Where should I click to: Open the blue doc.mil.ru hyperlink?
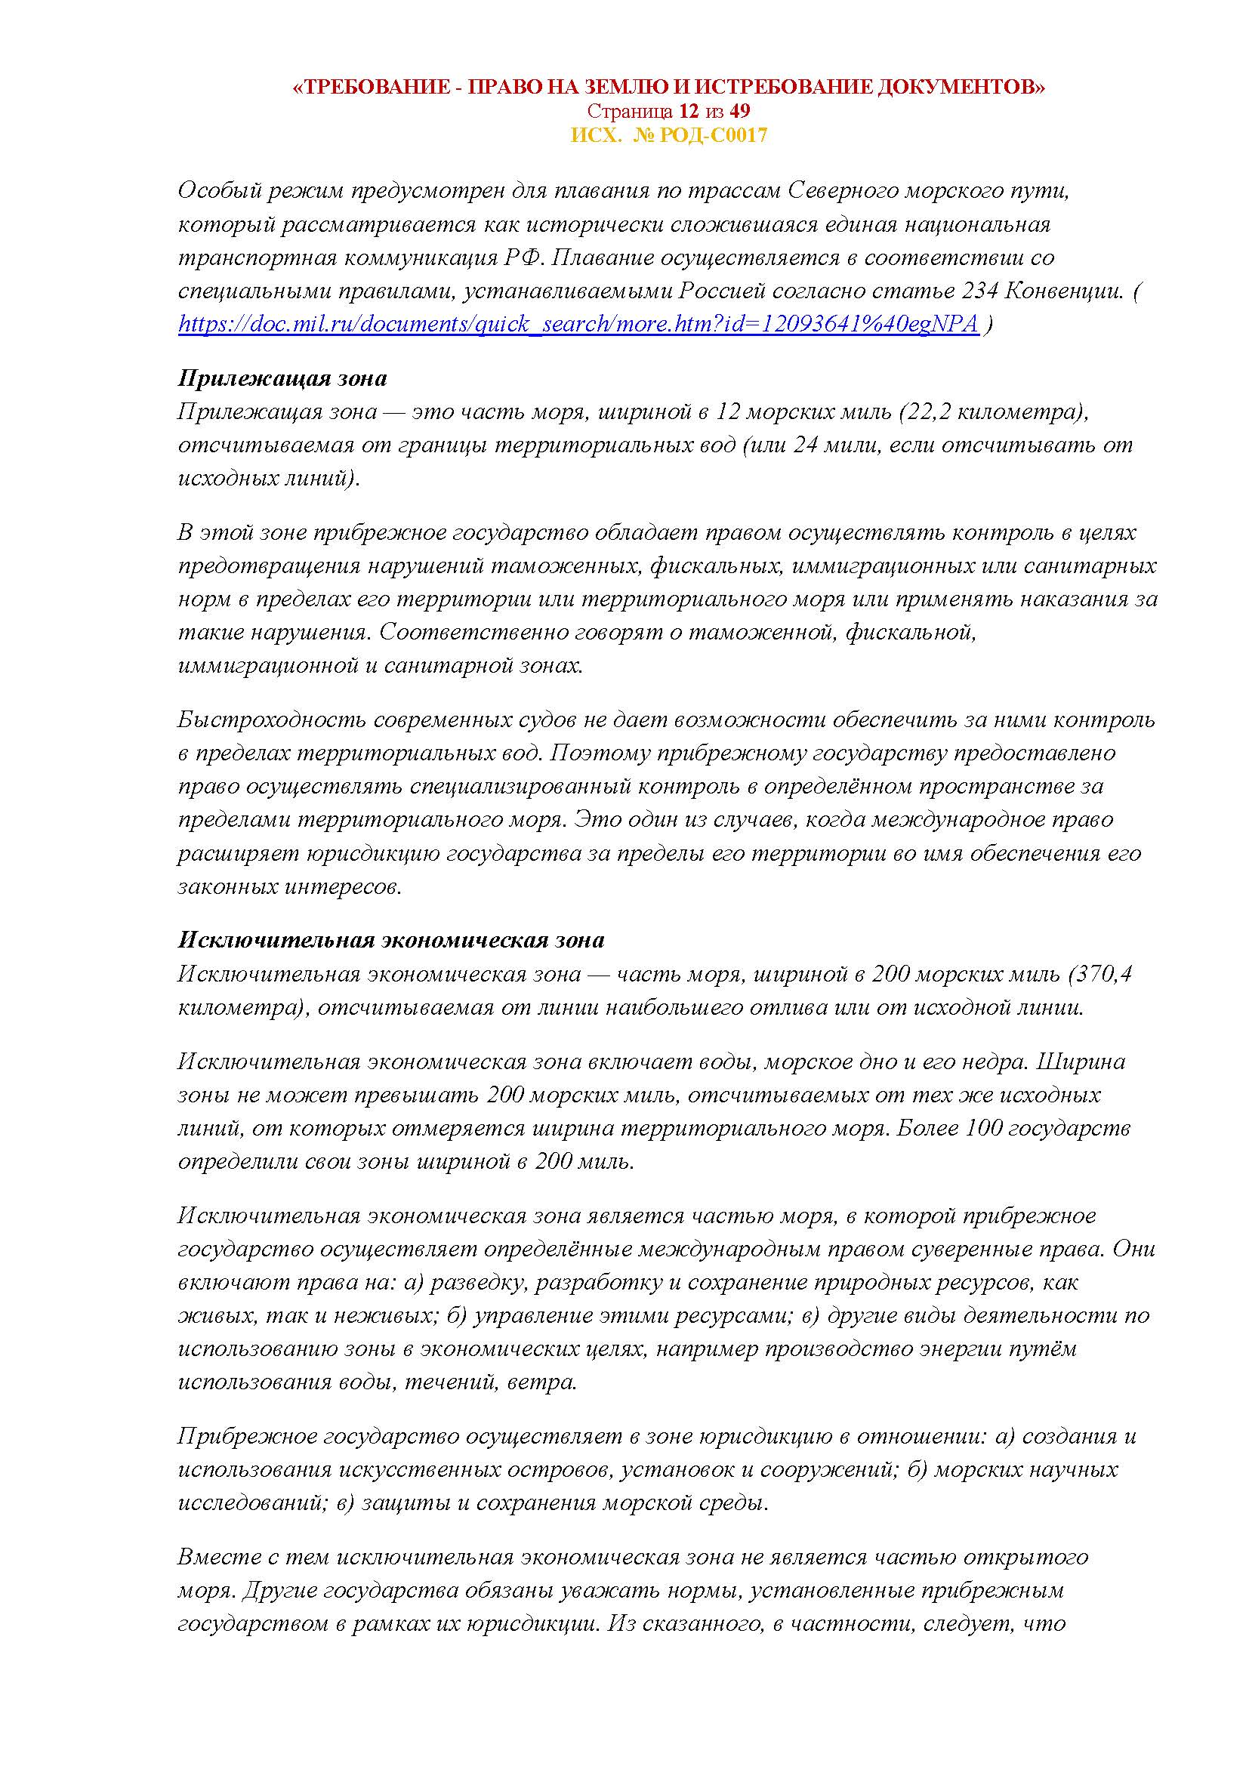[x=578, y=324]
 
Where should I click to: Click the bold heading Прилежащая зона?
[x=282, y=378]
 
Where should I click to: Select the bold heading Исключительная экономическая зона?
[x=390, y=940]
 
